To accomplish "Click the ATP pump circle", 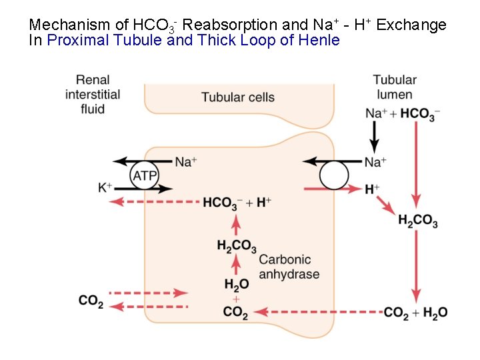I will click(144, 176).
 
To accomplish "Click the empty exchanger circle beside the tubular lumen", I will click(333, 176).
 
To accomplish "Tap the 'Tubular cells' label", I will click(238, 97).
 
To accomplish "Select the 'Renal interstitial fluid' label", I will click(93, 94).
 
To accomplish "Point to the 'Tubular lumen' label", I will click(395, 87).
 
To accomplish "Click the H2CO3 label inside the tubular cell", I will click(236, 247).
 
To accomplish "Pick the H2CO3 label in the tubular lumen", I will click(417, 221).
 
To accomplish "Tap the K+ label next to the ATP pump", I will click(105, 188).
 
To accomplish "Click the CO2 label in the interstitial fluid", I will click(91, 301).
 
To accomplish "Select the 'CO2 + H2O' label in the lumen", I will click(415, 312).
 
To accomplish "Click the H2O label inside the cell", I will click(236, 285).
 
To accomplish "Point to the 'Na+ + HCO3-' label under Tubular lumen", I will click(402, 114).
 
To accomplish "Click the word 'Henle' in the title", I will click(319, 40).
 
